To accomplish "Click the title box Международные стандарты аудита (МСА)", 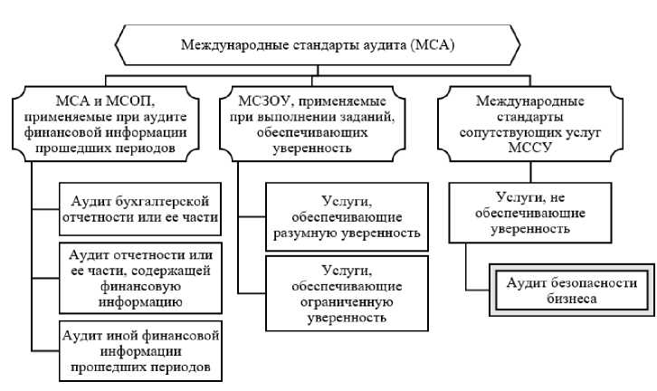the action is pos(318,45).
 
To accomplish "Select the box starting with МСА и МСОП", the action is pos(106,124).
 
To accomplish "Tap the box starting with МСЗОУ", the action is pos(312,124).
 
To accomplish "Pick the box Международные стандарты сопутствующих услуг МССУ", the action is pos(530,124).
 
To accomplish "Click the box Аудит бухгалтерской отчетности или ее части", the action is pos(140,209).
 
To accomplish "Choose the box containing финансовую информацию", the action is pos(140,278).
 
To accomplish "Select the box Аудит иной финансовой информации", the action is pos(140,351).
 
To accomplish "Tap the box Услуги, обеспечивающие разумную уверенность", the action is pos(347,216).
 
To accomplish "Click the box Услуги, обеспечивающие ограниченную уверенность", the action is pos(347,294).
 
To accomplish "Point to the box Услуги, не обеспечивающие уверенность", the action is pos(530,213).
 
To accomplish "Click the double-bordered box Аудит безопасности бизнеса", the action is pos(572,291).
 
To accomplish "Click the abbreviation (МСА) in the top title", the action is pos(433,45).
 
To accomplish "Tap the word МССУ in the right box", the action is pos(529,148).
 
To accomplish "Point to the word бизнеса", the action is pos(572,299).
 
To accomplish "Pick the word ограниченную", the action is pos(347,302).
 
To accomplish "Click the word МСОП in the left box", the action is pos(130,101).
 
